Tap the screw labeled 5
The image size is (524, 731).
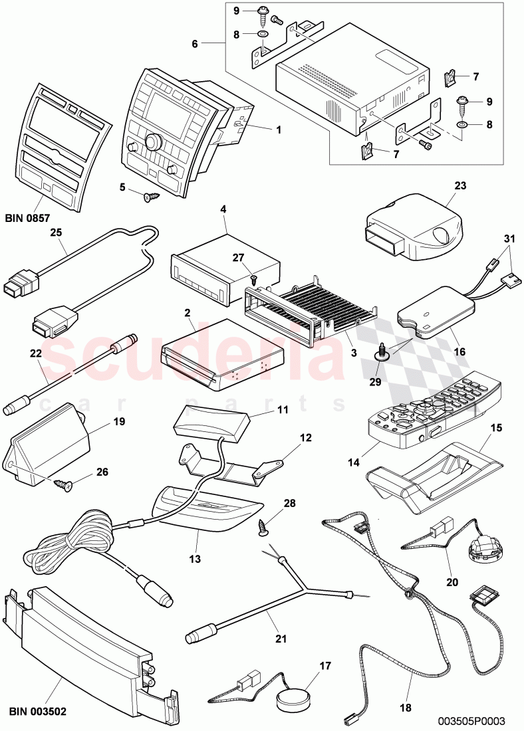pyautogui.click(x=150, y=197)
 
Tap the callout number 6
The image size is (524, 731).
pyautogui.click(x=196, y=44)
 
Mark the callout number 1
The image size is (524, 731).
pyautogui.click(x=278, y=130)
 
